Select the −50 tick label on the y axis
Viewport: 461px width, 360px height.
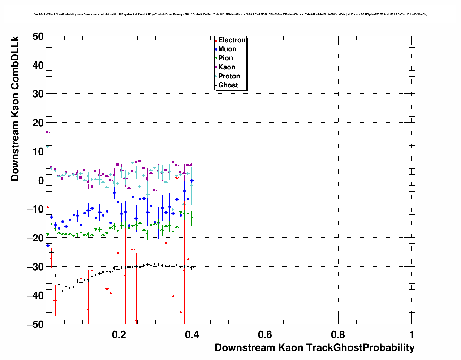click(x=35, y=324)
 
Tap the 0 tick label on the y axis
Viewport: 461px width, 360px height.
click(x=40, y=180)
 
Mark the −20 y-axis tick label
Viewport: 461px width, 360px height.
click(x=35, y=238)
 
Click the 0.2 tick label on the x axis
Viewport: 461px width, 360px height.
click(x=119, y=334)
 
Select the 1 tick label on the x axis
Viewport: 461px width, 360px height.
click(x=412, y=334)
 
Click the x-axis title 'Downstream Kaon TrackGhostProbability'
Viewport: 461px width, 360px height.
click(x=314, y=348)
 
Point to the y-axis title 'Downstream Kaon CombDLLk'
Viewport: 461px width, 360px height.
click(x=15, y=108)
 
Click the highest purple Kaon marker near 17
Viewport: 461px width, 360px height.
click(x=47, y=132)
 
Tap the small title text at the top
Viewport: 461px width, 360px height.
click(x=231, y=14)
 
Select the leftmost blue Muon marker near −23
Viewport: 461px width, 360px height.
click(x=48, y=245)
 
